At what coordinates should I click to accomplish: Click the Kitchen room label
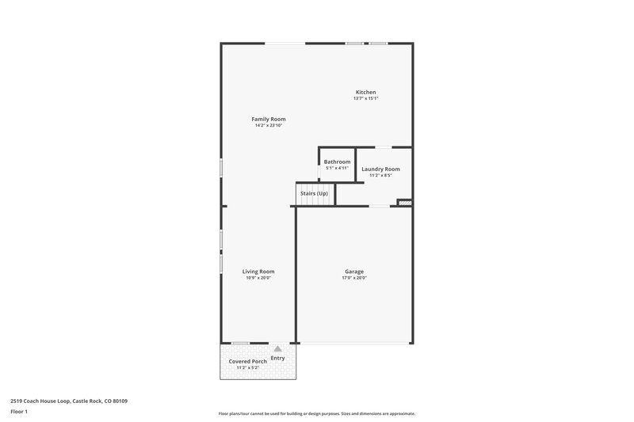point(365,92)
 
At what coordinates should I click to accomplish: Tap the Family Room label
point(269,119)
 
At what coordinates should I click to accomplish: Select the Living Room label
point(258,271)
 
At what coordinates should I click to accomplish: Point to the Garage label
point(354,271)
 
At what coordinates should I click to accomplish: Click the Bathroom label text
point(337,162)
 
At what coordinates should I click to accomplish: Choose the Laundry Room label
point(380,169)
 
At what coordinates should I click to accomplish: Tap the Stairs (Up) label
point(313,193)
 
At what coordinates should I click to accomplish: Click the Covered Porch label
point(248,361)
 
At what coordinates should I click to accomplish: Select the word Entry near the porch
point(277,358)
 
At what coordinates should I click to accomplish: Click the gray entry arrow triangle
point(277,348)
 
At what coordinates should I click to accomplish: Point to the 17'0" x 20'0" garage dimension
point(354,278)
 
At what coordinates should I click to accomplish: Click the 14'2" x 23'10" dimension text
point(269,125)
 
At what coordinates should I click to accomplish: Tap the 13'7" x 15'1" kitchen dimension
point(365,98)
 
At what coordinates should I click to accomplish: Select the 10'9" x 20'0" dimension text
point(258,278)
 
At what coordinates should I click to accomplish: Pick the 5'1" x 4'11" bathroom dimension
point(337,168)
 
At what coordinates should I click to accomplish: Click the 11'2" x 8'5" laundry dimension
point(380,175)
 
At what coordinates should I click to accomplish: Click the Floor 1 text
point(19,412)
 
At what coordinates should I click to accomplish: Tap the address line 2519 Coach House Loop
point(69,401)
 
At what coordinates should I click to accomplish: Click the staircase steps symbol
point(313,200)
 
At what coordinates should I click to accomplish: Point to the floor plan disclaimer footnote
point(316,413)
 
